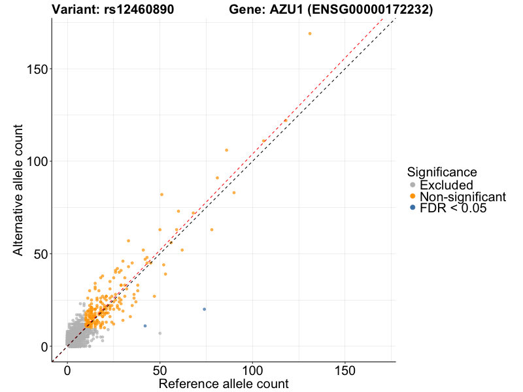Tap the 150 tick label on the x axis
point(345,370)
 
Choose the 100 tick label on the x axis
point(252,370)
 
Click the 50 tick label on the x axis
point(160,370)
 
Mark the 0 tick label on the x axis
point(67,370)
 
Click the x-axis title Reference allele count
point(224,384)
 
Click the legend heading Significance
point(441,172)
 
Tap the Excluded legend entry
point(446,186)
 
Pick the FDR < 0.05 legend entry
point(453,208)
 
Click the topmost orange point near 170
point(310,34)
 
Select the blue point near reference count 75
point(204,310)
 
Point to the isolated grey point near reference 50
point(160,333)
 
